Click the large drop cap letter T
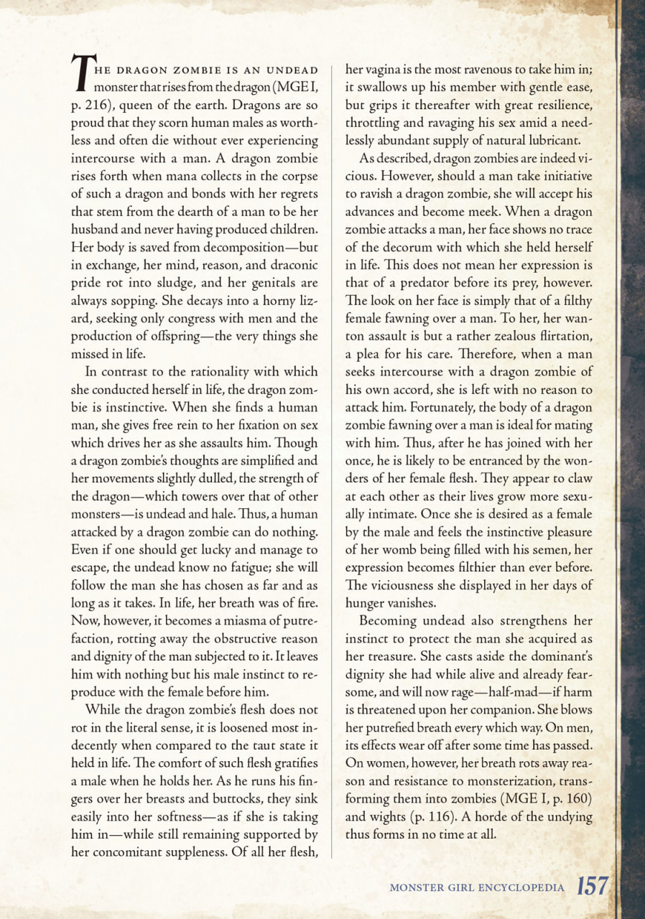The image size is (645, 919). (x=83, y=75)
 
